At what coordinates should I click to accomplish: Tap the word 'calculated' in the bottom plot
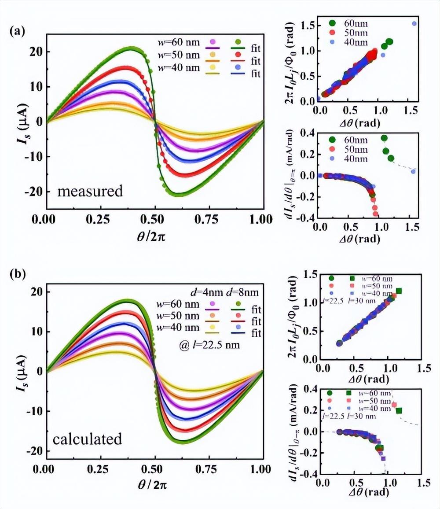(87, 439)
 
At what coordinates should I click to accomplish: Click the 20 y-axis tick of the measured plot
(36, 52)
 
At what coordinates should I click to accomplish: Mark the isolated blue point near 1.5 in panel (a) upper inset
(414, 23)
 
